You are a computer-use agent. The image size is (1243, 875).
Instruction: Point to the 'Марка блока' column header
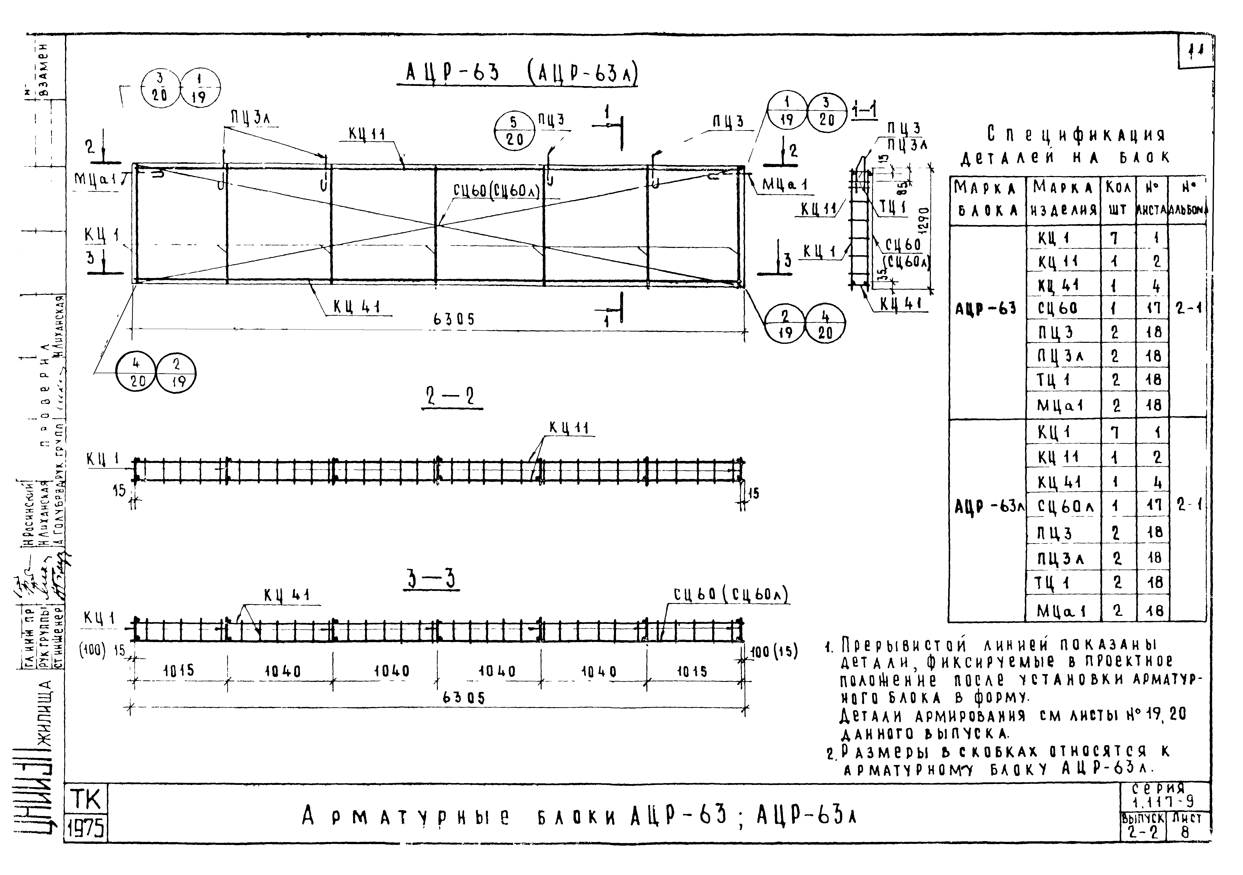[986, 198]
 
